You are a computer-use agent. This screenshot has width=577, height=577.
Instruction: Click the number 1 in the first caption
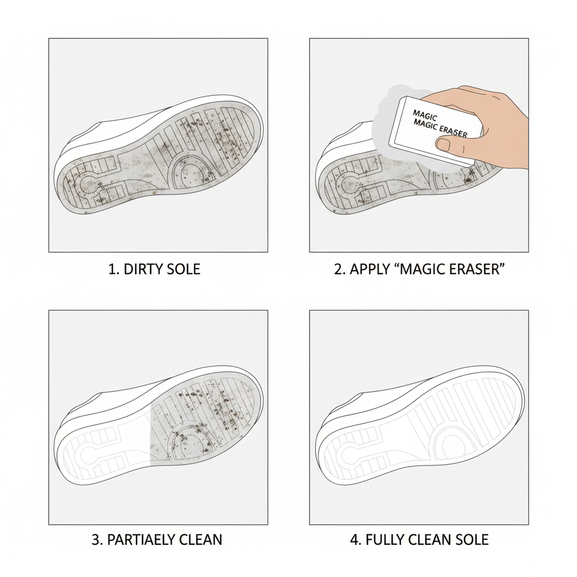pyautogui.click(x=111, y=269)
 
